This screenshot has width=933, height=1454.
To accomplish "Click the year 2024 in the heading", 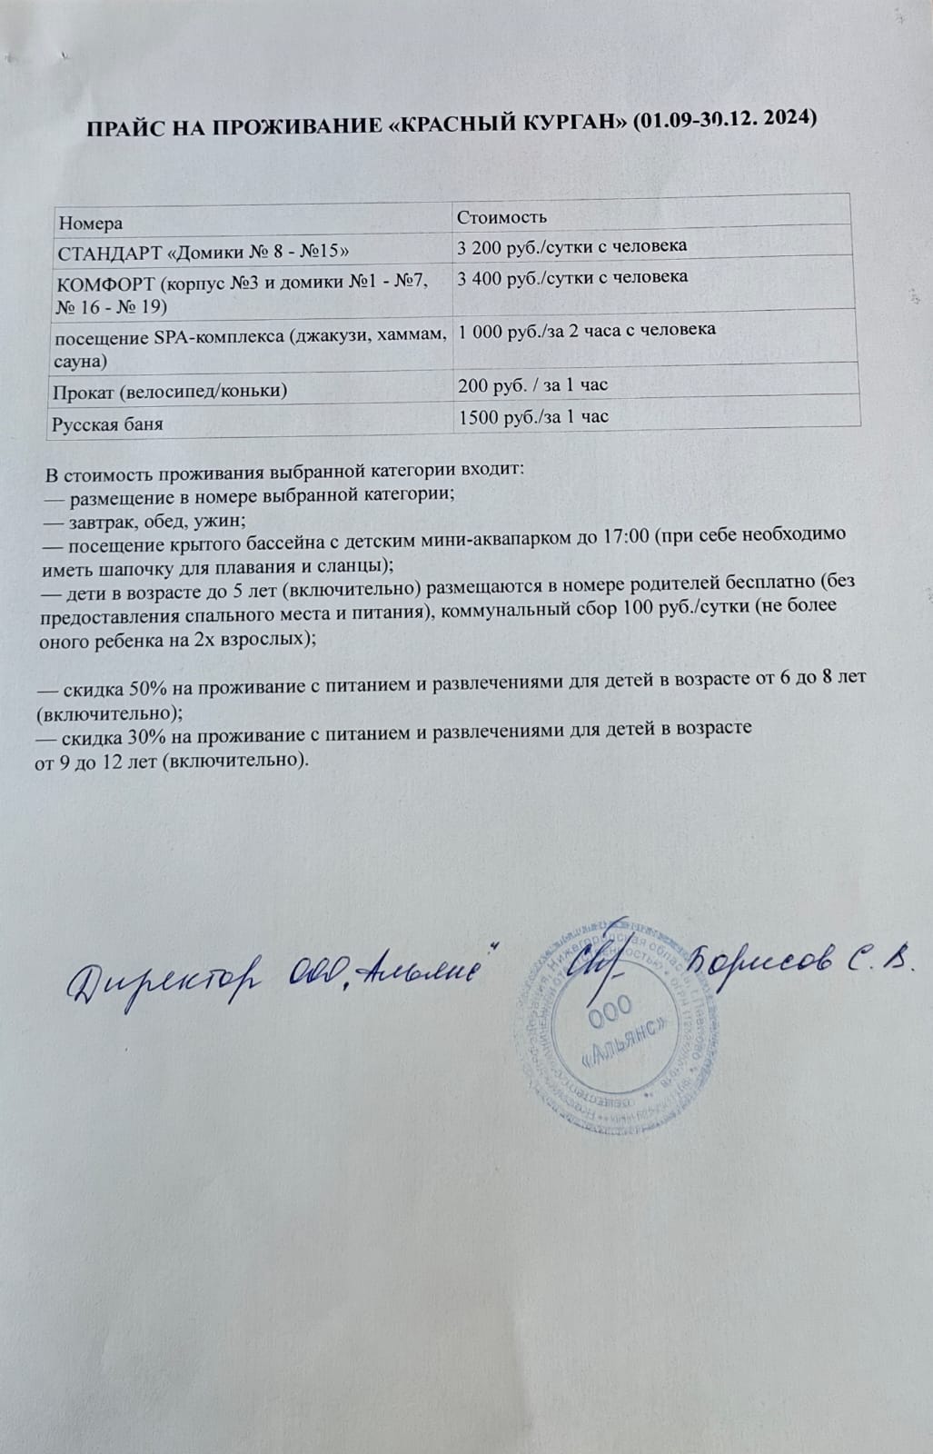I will pos(783,118).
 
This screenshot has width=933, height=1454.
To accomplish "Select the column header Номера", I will pos(90,224).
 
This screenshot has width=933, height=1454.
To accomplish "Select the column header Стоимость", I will pos(501,217).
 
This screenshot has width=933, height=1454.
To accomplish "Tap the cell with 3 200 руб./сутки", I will pos(571,245).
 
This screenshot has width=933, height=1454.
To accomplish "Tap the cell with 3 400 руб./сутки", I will pos(572,276).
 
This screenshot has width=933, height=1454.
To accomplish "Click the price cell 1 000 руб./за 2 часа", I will pos(587,331).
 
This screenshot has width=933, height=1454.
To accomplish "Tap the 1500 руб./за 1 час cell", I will pos(533,417).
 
